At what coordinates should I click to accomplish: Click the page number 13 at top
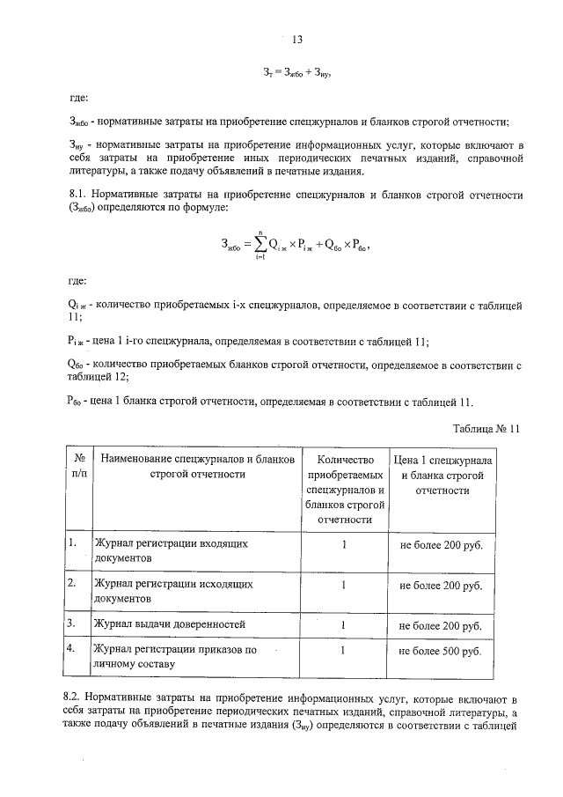(x=296, y=40)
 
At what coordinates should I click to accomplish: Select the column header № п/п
(x=78, y=466)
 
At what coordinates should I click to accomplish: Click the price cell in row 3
(x=441, y=626)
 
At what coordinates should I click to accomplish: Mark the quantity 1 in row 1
(x=345, y=545)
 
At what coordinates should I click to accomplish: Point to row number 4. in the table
(x=72, y=649)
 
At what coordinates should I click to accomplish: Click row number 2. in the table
(x=72, y=584)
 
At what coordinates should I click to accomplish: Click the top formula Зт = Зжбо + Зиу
(x=296, y=70)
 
